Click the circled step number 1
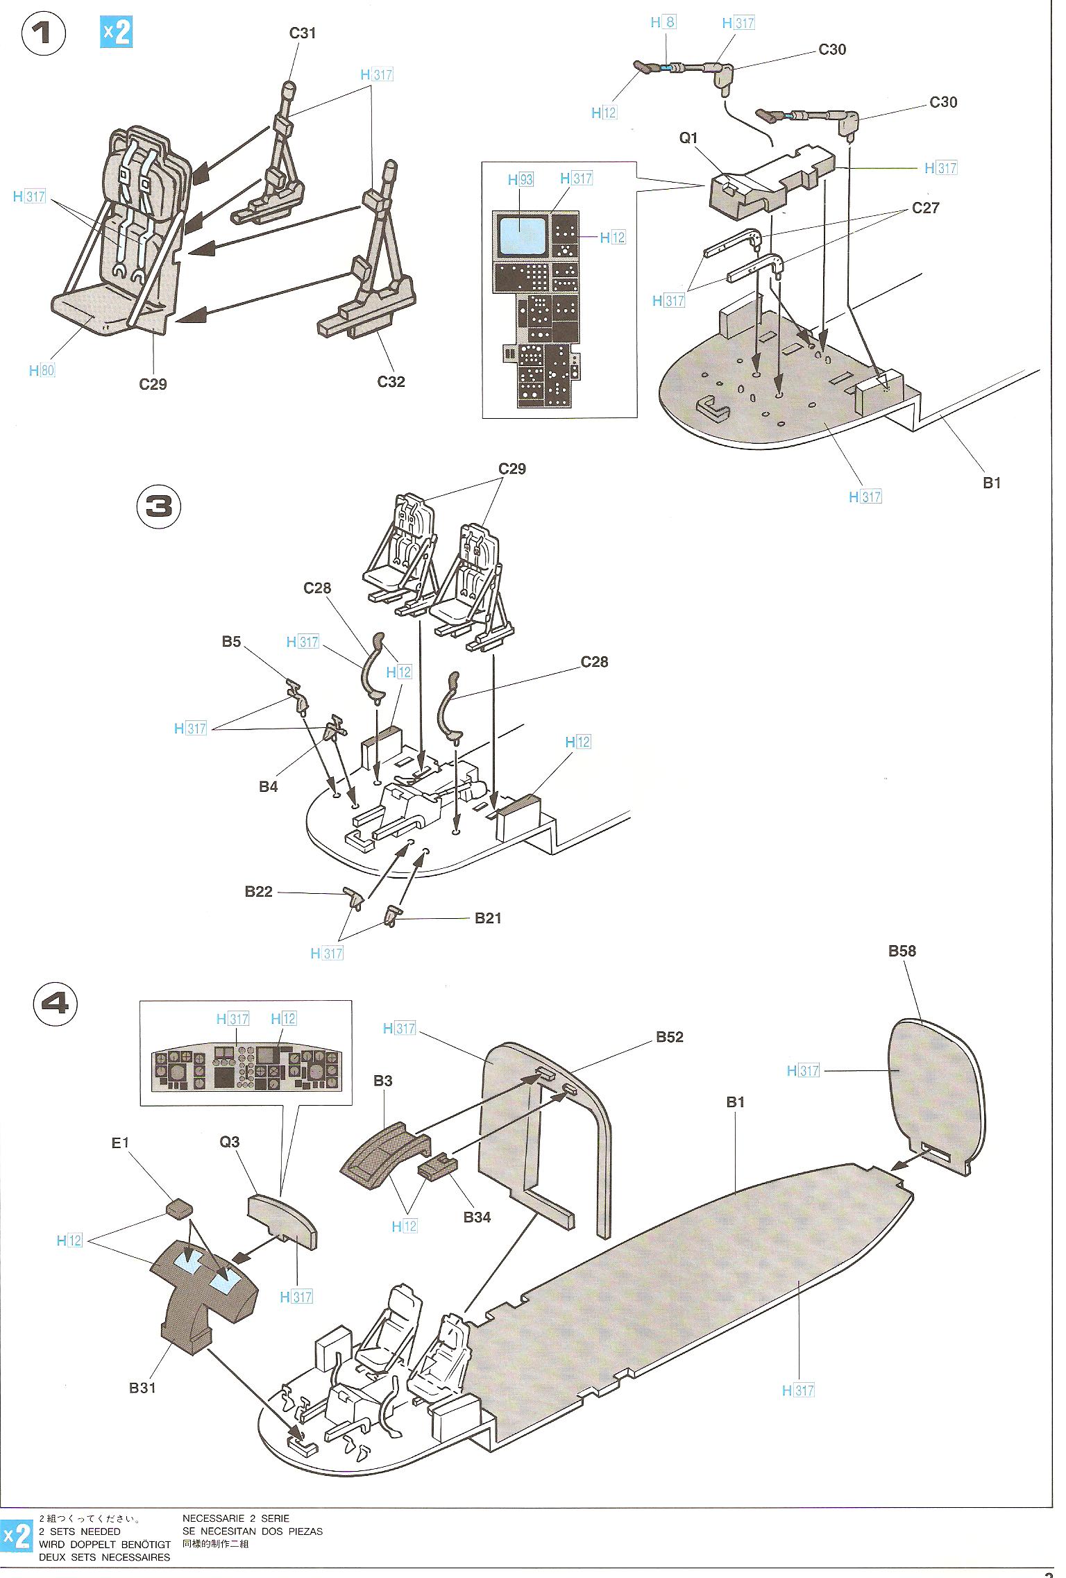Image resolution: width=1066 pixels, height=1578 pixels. [44, 34]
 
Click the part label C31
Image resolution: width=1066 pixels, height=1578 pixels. [303, 33]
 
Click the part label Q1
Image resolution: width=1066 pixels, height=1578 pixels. [688, 138]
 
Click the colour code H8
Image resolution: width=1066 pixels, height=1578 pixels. [663, 22]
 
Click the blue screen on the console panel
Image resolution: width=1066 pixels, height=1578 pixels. [522, 233]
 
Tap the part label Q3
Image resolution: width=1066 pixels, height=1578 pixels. [230, 1142]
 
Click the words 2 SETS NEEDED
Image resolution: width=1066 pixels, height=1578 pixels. [80, 1531]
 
